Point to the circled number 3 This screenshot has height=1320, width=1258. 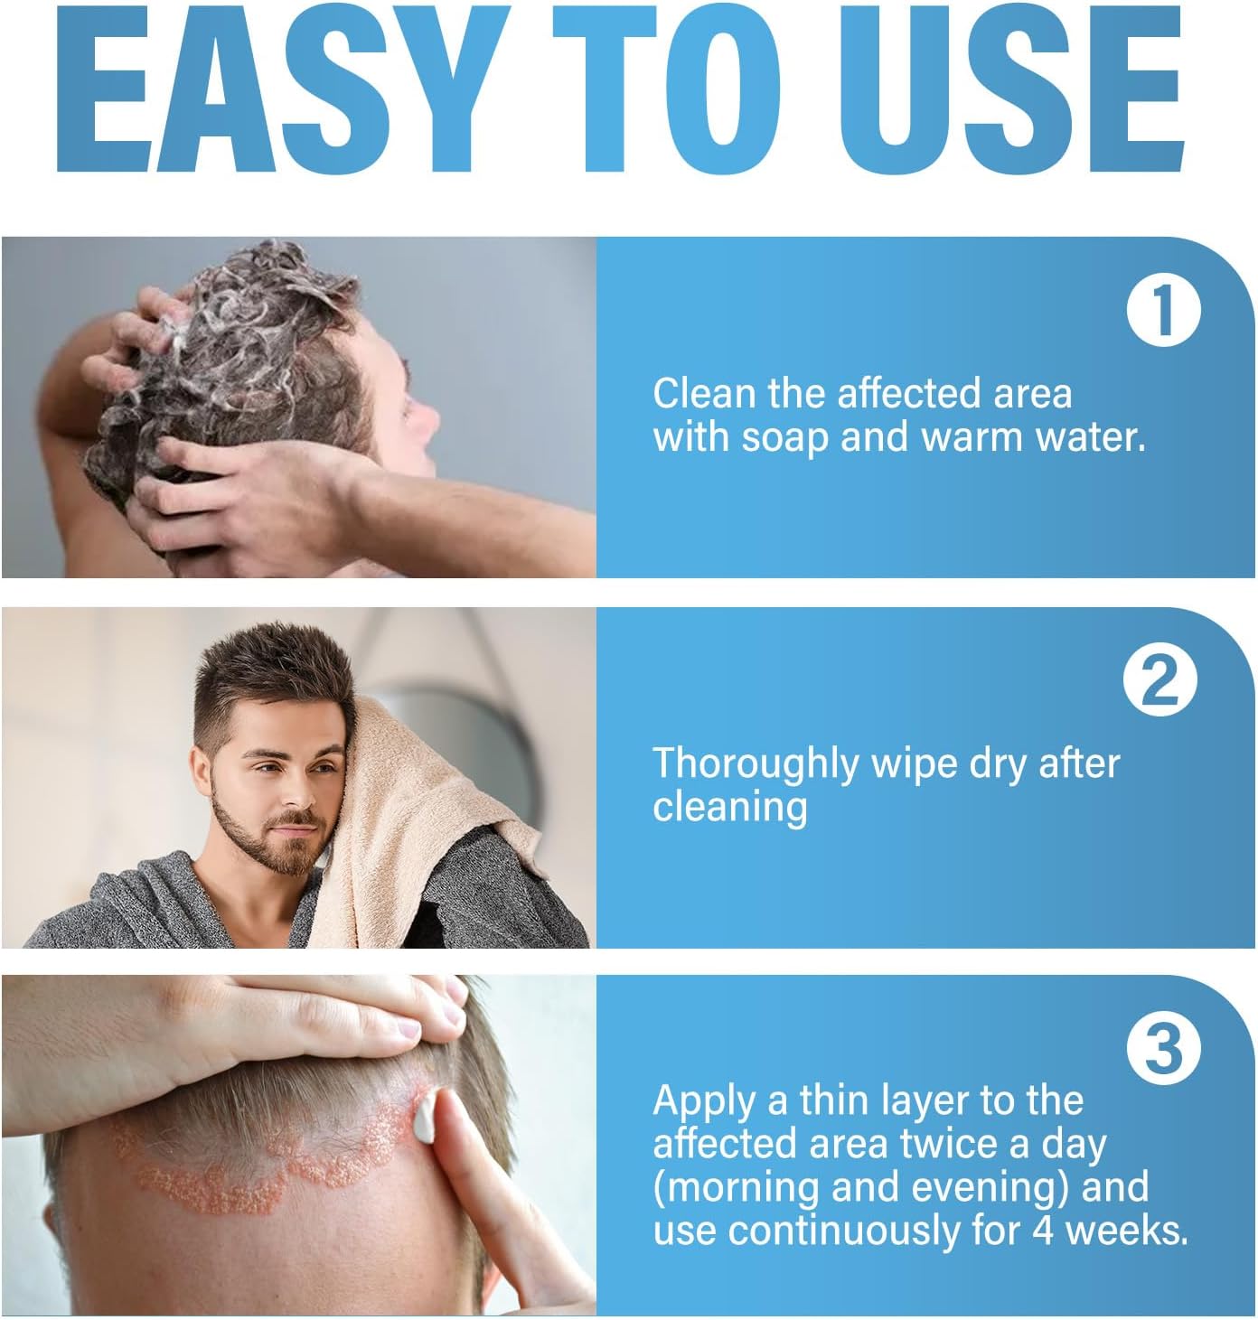1162,1049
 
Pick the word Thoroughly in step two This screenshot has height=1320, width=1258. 755,765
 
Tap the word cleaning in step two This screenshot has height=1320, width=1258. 729,808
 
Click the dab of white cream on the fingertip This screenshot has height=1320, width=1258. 425,1117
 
